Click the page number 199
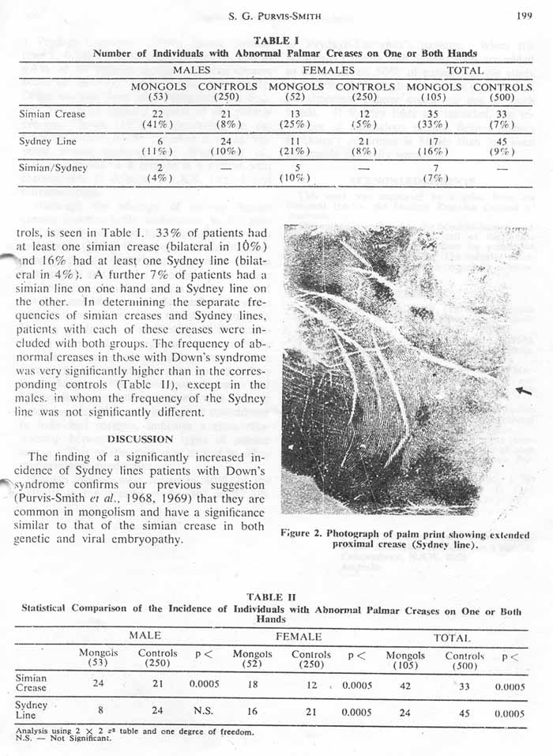pos(523,15)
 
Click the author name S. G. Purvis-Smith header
pos(284,16)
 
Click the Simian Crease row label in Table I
pos(52,115)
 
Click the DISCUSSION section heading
pos(140,438)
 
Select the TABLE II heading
pos(271,597)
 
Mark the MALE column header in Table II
pos(145,636)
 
